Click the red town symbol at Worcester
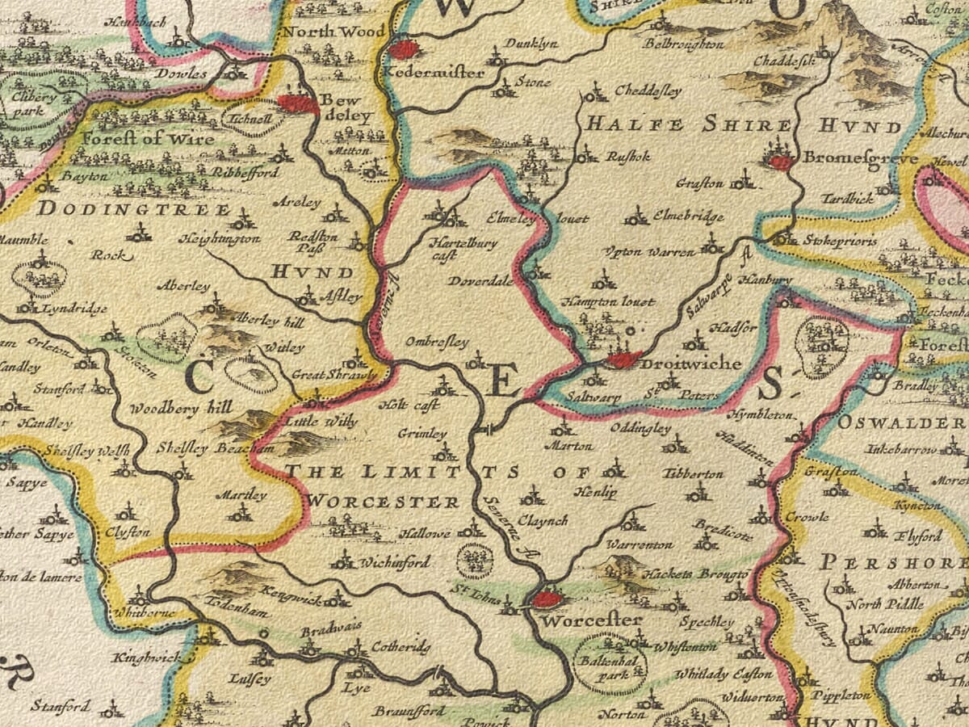[547, 599]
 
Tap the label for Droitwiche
[691, 364]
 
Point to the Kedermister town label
[435, 73]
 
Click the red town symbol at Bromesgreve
[780, 162]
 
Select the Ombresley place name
[436, 342]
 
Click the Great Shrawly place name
[333, 375]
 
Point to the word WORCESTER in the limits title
[384, 502]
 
